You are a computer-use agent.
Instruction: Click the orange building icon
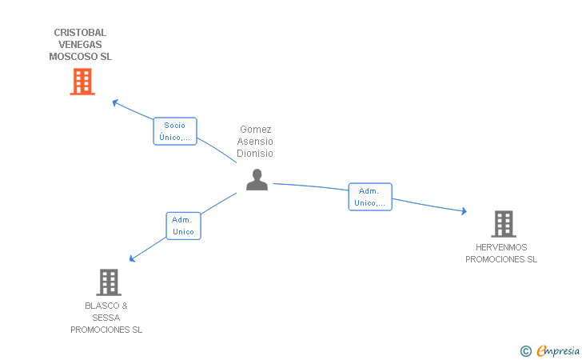[x=82, y=82]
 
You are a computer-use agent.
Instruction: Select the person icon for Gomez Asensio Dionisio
[x=257, y=180]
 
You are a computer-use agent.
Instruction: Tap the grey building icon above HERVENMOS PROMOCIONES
[x=503, y=224]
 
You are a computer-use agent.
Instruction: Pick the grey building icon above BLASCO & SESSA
[x=109, y=282]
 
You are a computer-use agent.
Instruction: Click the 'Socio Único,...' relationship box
[x=174, y=131]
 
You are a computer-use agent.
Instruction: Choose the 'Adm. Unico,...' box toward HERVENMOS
[x=369, y=197]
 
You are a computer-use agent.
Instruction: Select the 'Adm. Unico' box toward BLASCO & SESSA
[x=183, y=226]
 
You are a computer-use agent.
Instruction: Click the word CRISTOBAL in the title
[x=80, y=33]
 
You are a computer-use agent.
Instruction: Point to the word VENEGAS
[x=80, y=45]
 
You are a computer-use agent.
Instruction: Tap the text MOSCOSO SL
[x=80, y=57]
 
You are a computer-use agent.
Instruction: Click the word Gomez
[x=256, y=129]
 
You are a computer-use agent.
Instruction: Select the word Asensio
[x=256, y=141]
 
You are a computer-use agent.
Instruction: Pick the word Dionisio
[x=256, y=153]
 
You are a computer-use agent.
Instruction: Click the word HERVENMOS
[x=501, y=247]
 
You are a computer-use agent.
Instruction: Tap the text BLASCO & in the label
[x=106, y=306]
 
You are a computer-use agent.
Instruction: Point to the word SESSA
[x=106, y=318]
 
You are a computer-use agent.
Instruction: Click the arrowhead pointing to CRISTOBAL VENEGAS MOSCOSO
[x=114, y=102]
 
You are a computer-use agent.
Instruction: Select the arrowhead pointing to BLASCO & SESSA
[x=133, y=258]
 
